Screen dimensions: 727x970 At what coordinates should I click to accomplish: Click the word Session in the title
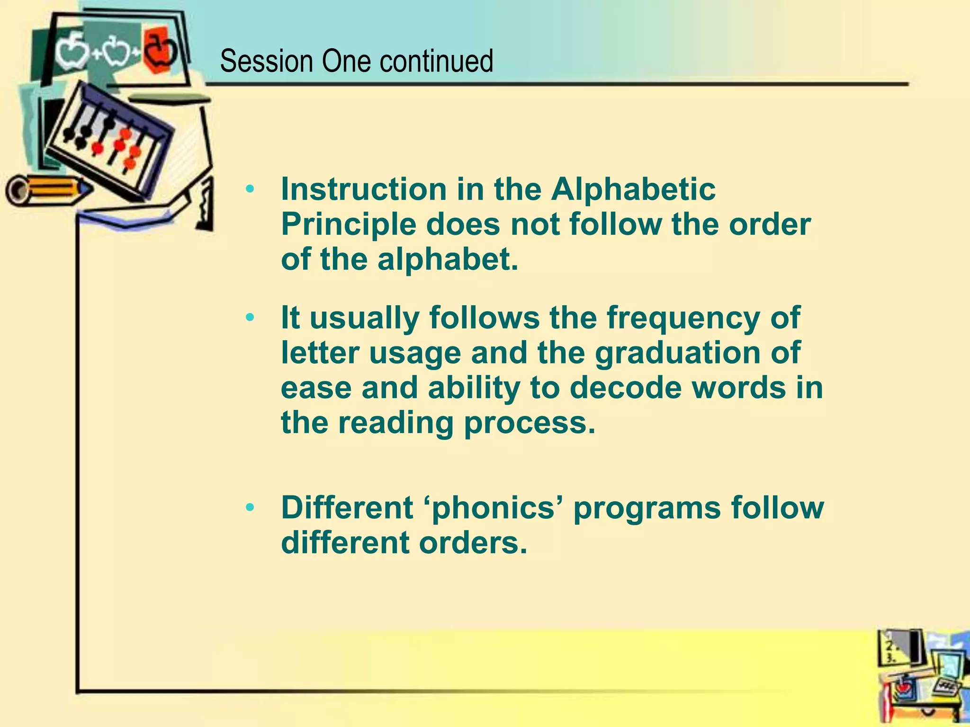[267, 62]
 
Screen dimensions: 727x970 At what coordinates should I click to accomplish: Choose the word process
[529, 423]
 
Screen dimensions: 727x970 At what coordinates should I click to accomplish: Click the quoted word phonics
[494, 508]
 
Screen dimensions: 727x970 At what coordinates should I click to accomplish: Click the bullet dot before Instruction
[250, 190]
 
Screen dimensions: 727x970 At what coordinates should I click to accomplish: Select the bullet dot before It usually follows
[250, 318]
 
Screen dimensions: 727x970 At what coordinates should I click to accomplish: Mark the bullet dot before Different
[250, 508]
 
